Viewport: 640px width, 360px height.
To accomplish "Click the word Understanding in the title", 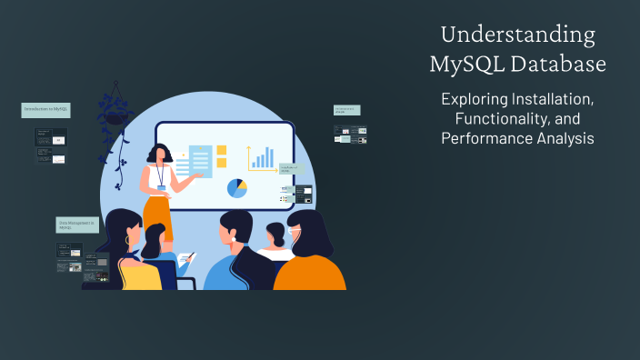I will (x=517, y=35).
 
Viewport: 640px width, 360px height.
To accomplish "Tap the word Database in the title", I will (x=562, y=65).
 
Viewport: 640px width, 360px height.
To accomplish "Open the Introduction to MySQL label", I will (x=45, y=109).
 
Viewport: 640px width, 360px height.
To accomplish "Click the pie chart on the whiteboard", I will (x=236, y=188).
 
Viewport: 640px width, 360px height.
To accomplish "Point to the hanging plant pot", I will (x=115, y=116).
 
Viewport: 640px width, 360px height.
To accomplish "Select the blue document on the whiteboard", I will (x=200, y=162).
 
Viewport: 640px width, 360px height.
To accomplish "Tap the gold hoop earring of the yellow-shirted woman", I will (x=127, y=241).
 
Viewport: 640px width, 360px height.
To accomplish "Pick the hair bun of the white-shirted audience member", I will (x=274, y=229).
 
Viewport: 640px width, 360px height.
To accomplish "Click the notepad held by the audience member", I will (x=185, y=259).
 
